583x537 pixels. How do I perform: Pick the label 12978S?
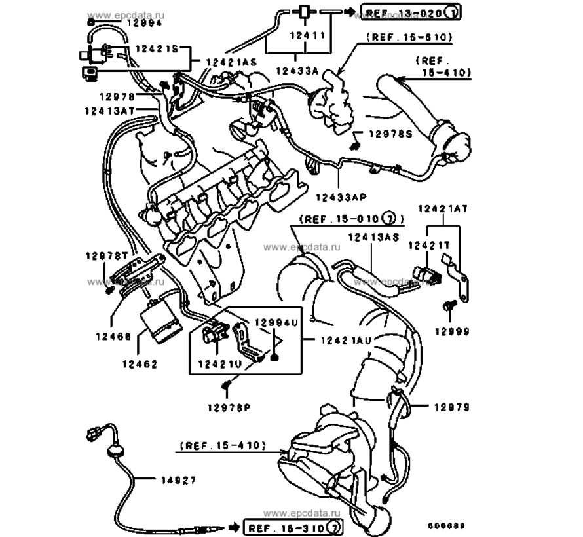pyautogui.click(x=391, y=134)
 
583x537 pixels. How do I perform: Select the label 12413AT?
pyautogui.click(x=109, y=111)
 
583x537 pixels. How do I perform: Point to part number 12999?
pyautogui.click(x=453, y=332)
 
